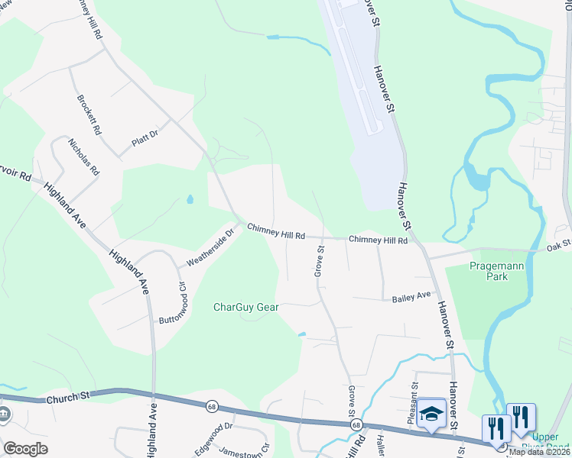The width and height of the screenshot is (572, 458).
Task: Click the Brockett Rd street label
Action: coord(89,115)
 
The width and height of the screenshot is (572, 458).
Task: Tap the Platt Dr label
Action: coord(144,137)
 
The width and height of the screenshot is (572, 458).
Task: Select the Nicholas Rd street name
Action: coord(83,157)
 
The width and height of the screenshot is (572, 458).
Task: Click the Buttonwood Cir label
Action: coord(171,302)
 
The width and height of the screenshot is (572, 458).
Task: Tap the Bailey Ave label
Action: coord(412,296)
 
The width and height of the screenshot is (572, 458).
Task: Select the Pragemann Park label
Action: coord(486,271)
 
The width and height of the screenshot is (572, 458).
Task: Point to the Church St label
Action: coord(67,397)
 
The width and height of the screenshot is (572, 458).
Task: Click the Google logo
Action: coord(25,449)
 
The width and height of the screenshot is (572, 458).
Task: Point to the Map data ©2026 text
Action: coord(539,452)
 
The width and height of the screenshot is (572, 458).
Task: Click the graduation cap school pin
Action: coord(431,413)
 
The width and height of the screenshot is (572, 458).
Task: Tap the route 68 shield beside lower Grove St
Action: coord(356,424)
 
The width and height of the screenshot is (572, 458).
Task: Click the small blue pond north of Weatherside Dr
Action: coord(189,201)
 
